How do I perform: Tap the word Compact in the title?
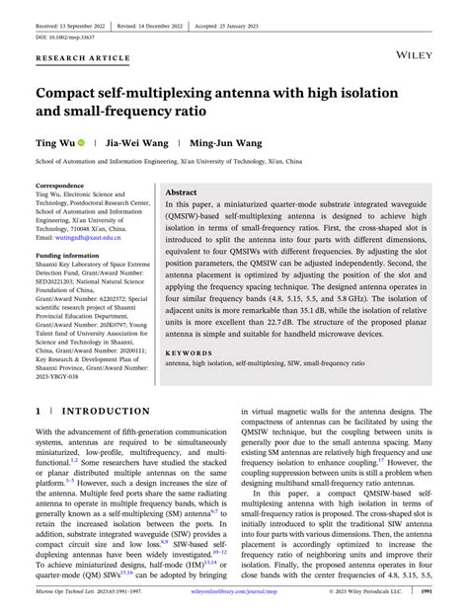click(76, 95)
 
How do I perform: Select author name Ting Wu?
click(55, 142)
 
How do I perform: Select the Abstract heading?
click(182, 193)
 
